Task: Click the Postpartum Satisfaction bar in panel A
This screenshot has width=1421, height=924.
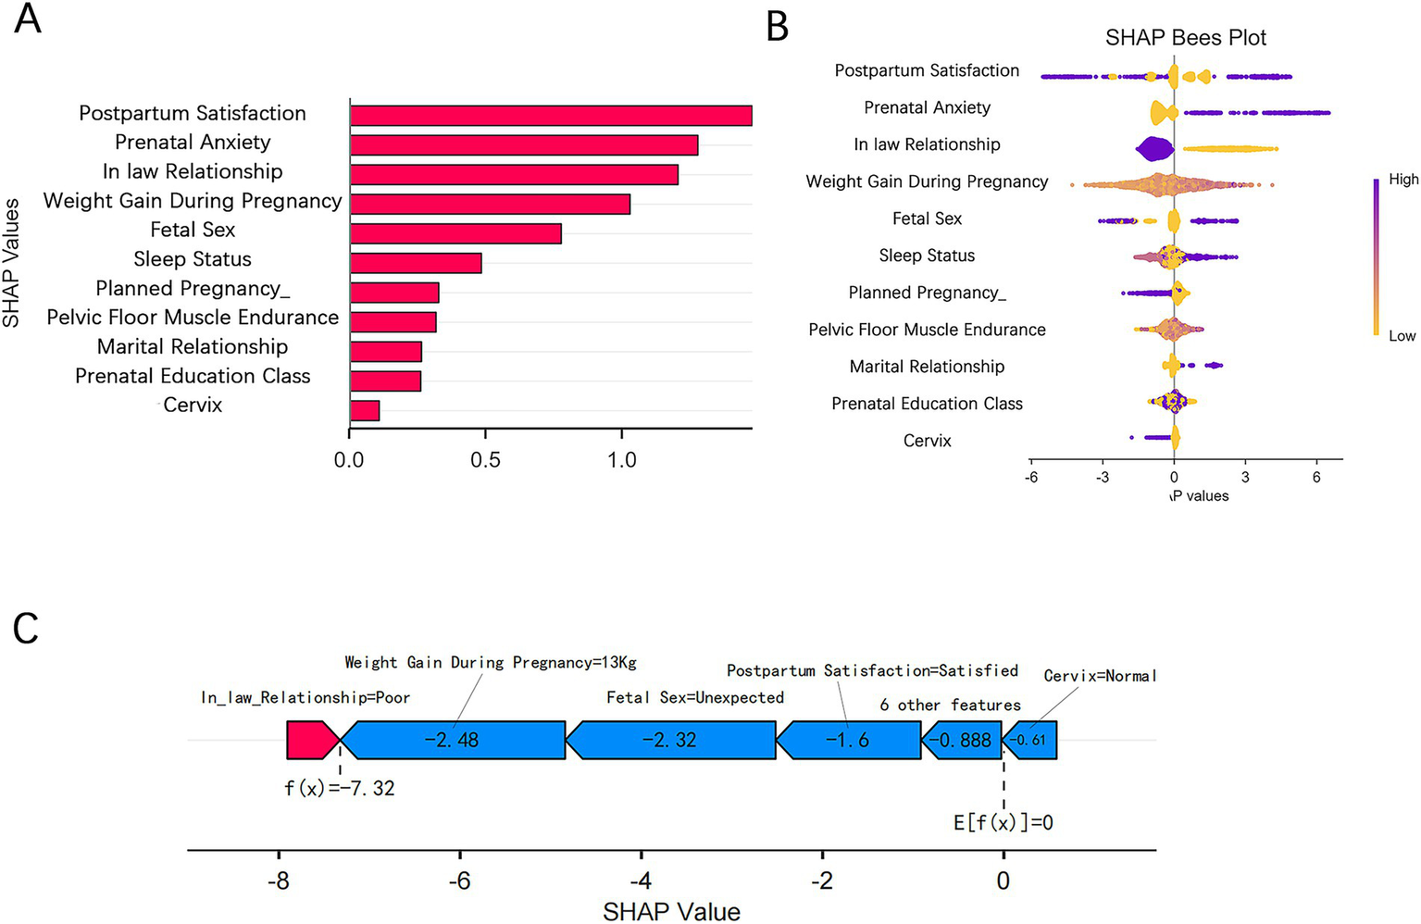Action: (x=550, y=115)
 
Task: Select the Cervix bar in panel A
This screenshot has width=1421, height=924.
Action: (x=365, y=410)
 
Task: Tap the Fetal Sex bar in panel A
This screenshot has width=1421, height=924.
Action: (x=455, y=233)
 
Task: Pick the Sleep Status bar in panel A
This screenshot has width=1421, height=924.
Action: (x=416, y=263)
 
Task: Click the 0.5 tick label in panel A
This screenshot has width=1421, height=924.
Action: (x=485, y=460)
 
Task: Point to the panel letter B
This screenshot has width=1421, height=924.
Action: (x=778, y=27)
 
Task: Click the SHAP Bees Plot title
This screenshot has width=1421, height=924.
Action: (x=1185, y=38)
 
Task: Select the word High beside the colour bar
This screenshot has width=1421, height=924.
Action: (x=1402, y=180)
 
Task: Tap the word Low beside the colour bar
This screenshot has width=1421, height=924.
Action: (x=1402, y=336)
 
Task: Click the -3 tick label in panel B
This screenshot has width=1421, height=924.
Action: (x=1102, y=478)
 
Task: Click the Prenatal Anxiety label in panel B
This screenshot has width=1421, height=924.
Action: (x=927, y=107)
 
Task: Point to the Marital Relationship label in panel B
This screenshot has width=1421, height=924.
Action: (x=927, y=367)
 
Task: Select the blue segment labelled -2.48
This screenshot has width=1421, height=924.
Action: (x=453, y=741)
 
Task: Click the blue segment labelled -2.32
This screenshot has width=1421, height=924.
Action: (x=670, y=741)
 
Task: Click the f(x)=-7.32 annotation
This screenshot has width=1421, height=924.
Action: (x=339, y=789)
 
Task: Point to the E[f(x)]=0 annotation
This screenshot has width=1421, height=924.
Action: (x=1003, y=822)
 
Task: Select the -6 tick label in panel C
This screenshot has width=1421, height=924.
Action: (x=460, y=880)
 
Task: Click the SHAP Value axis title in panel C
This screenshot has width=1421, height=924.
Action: (x=671, y=912)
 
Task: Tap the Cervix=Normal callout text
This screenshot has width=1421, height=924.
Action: (x=1100, y=676)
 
